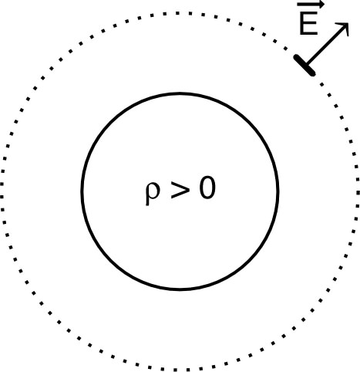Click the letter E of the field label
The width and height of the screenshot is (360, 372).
point(308,25)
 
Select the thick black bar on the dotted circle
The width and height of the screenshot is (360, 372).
point(304,64)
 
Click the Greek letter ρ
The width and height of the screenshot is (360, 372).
point(151,191)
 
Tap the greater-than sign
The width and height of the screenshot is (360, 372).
point(179,189)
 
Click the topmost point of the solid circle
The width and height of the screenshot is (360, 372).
point(180,94)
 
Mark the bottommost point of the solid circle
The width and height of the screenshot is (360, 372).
point(180,290)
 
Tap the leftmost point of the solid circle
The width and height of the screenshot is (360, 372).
point(82,192)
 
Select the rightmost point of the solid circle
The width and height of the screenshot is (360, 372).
point(278,192)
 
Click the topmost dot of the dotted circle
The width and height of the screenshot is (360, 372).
point(180,12)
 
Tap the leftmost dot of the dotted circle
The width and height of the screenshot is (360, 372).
point(2,191)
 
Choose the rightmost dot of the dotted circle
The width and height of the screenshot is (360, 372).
point(358,191)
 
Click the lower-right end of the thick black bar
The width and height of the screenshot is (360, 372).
point(312,73)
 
